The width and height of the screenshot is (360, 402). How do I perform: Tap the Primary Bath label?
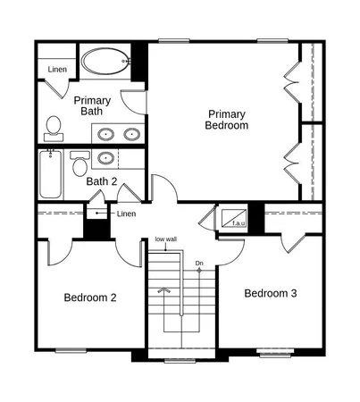(92, 106)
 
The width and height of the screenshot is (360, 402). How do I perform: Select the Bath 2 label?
(102, 182)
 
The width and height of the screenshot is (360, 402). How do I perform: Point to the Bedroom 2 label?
(90, 297)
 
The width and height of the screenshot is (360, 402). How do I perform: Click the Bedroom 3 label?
(271, 293)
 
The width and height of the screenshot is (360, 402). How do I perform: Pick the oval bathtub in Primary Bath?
(104, 63)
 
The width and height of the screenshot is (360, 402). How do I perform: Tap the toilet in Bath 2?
(79, 165)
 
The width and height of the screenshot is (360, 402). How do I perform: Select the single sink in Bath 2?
(105, 159)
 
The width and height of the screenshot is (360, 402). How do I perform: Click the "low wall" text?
(165, 239)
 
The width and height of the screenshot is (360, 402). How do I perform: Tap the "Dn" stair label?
(200, 263)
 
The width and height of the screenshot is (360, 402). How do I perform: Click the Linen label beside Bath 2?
(127, 214)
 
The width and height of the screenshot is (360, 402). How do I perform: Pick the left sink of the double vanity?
(105, 135)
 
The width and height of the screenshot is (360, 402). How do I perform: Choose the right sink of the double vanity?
(131, 135)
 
